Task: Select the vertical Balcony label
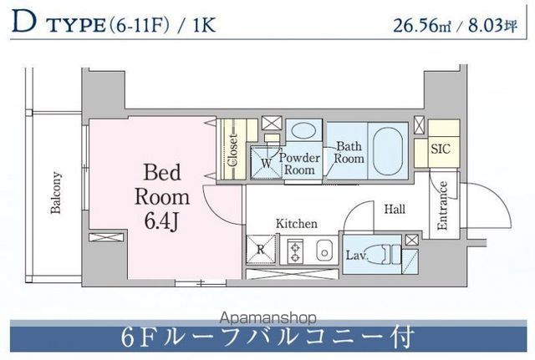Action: [x=56, y=193]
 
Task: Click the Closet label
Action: [x=233, y=150]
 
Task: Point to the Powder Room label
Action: [x=298, y=164]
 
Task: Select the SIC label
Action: [x=441, y=150]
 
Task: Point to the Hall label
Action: [x=395, y=210]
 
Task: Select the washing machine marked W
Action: [x=267, y=163]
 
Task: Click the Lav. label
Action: [x=356, y=254]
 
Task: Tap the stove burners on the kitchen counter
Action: [x=296, y=250]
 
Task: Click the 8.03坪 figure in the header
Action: [x=487, y=24]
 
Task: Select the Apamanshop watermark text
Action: [x=267, y=317]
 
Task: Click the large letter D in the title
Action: [x=23, y=22]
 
